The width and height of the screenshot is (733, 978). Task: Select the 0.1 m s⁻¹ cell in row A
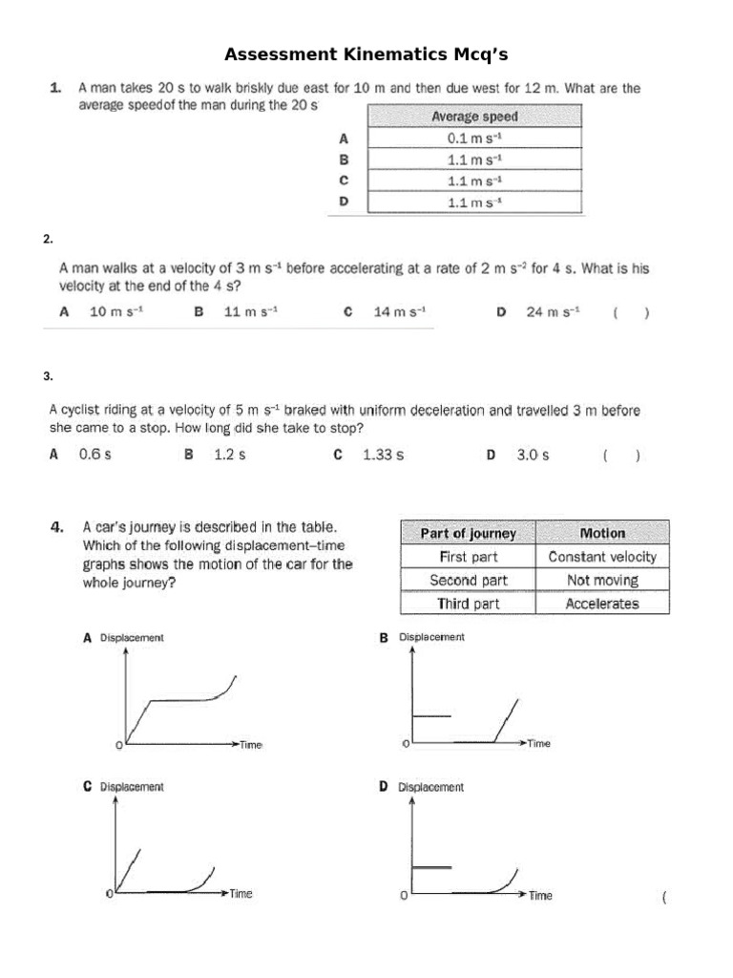tap(473, 138)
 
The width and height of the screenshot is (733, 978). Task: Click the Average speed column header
tap(473, 116)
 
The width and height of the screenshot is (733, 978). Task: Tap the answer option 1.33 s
tap(383, 455)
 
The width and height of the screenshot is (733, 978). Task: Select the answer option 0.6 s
tap(94, 455)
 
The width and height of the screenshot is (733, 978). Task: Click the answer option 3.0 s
tap(533, 455)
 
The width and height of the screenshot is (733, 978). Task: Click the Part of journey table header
tap(468, 533)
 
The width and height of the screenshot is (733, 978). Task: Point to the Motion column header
tap(602, 533)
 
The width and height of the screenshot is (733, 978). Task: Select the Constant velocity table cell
tap(602, 557)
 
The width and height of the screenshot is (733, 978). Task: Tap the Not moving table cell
tap(602, 580)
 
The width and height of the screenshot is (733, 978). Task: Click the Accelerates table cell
tap(602, 604)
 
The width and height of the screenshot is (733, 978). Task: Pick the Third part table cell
tap(468, 604)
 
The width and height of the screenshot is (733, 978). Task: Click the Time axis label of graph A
tap(250, 744)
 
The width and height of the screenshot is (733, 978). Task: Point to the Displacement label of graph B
tap(431, 637)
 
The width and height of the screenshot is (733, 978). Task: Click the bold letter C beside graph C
tap(87, 786)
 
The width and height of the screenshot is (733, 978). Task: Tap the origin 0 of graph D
tap(403, 896)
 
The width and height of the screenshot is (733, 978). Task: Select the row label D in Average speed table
tap(345, 202)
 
